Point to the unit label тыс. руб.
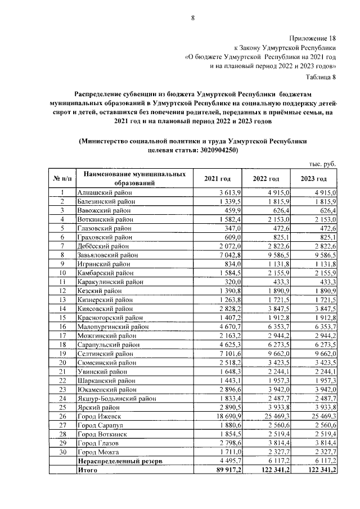pyautogui.click(x=322, y=163)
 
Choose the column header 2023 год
pyautogui.click(x=314, y=178)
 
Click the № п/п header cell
pyautogui.click(x=63, y=178)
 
